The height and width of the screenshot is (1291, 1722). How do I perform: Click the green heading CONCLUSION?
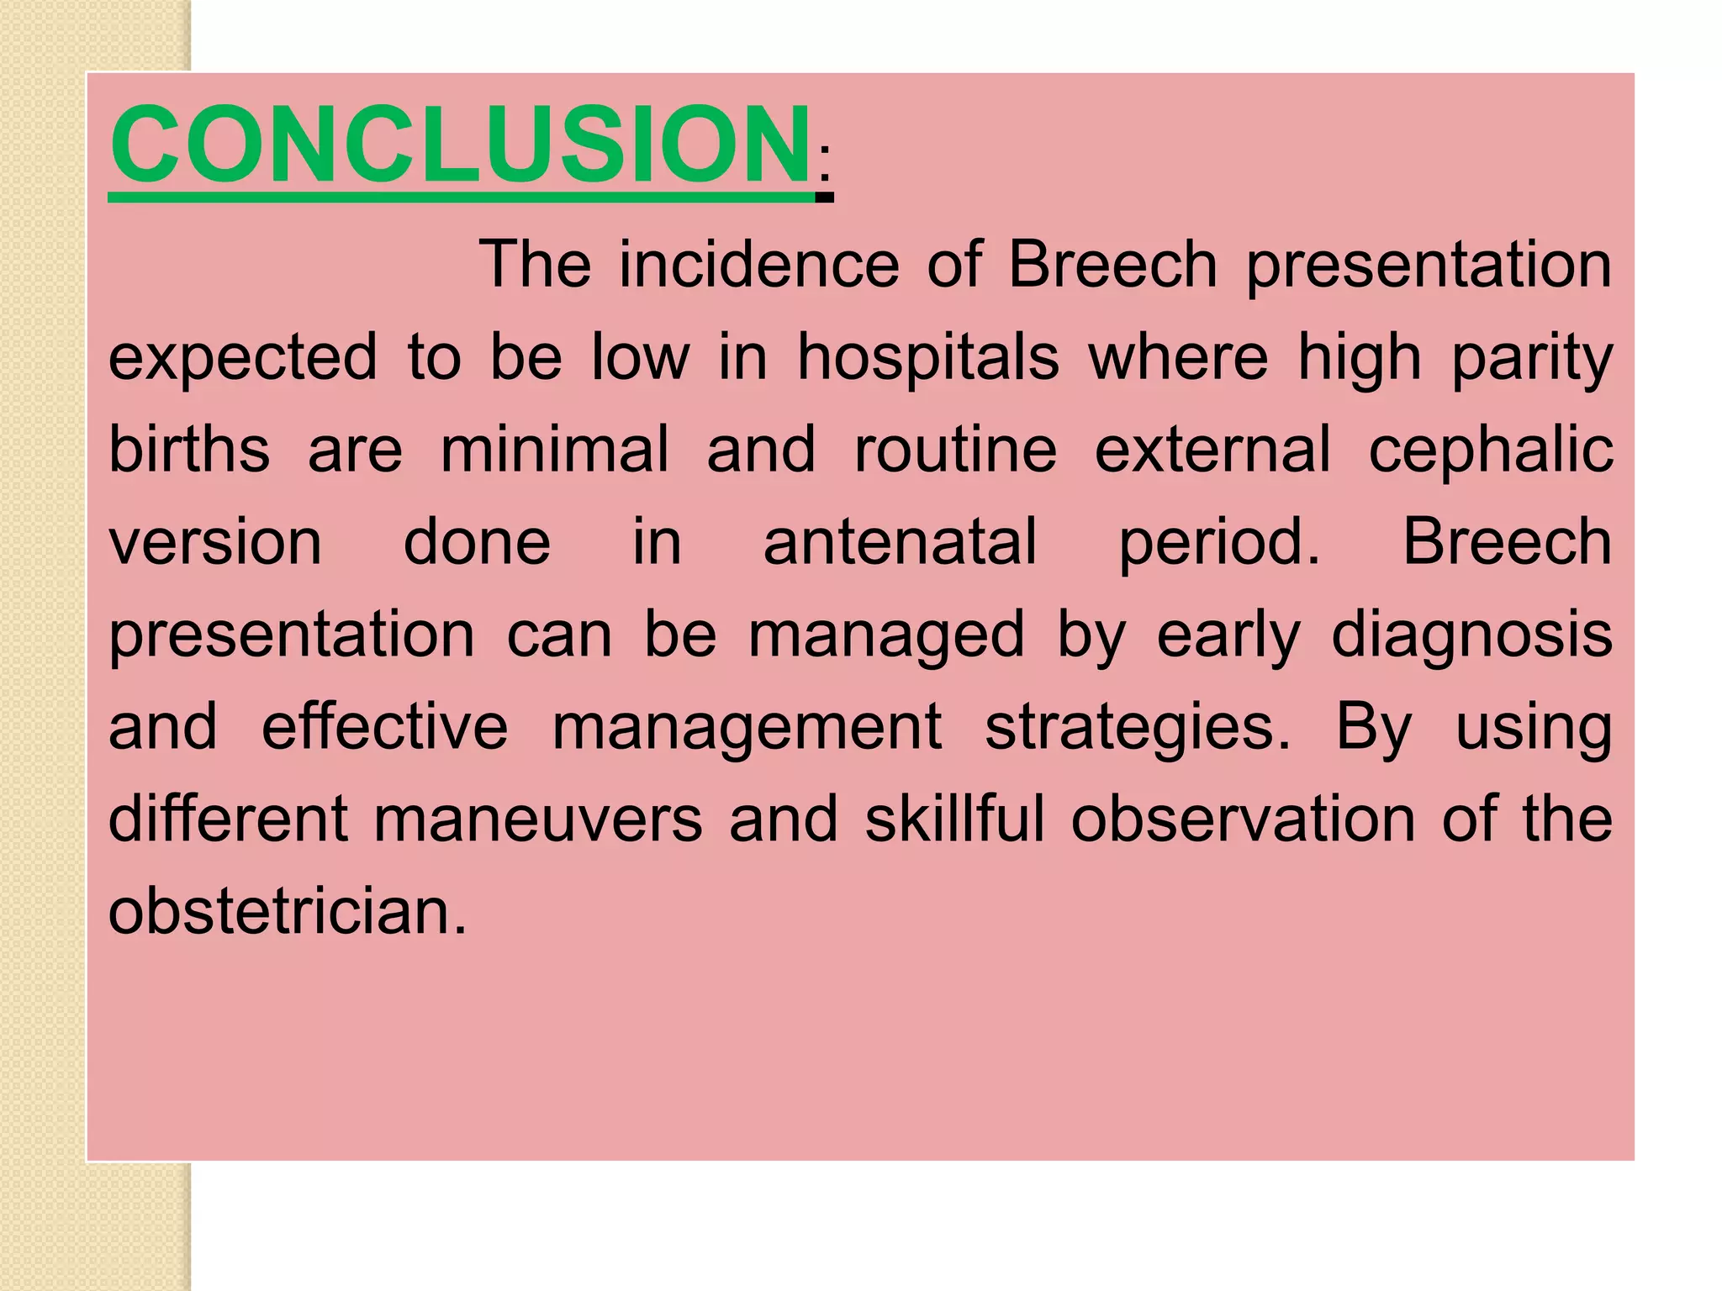460,145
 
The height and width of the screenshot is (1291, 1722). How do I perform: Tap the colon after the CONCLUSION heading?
825,163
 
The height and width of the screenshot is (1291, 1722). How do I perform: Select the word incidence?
759,265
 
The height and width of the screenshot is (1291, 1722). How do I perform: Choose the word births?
189,450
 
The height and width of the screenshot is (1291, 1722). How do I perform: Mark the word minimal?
555,450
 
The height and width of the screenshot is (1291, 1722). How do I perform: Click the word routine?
955,450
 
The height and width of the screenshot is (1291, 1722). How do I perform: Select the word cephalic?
1491,450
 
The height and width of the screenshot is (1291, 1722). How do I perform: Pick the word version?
215,542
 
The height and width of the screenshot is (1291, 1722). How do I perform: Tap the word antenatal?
900,542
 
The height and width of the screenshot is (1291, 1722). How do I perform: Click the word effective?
384,727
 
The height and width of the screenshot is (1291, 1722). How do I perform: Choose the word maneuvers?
537,819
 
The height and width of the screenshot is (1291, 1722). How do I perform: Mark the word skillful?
955,819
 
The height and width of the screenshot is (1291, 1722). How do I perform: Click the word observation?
1243,819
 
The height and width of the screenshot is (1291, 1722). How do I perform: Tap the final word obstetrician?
288,912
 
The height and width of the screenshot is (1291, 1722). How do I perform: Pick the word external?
1212,450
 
